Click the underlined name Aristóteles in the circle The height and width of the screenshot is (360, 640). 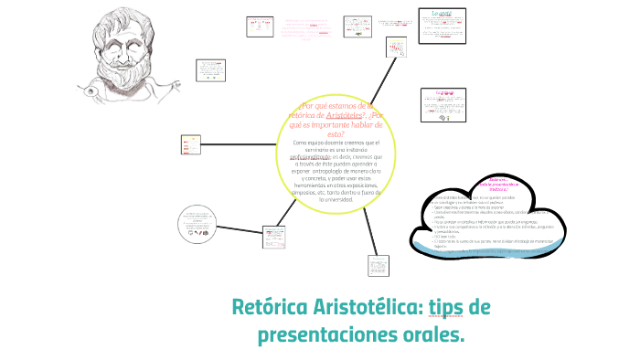click(x=337, y=116)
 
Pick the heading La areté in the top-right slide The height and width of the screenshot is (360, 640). click(x=443, y=13)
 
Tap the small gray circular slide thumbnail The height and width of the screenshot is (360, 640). click(x=199, y=224)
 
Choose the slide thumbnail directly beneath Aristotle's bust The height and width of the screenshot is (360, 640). click(x=209, y=70)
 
